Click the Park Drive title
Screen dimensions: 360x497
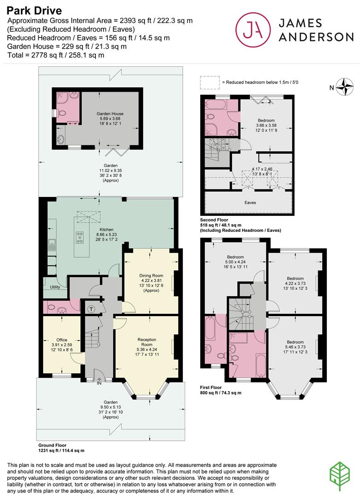34,11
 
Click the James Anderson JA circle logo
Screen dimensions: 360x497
253,29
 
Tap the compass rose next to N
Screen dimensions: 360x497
345,87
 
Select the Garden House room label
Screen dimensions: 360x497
110,114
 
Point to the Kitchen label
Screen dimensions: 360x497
106,230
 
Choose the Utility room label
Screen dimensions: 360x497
55,287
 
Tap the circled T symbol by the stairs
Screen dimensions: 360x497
92,309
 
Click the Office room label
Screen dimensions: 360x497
62,340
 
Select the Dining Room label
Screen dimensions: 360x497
151,276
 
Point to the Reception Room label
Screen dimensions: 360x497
147,342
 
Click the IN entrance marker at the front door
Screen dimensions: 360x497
99,383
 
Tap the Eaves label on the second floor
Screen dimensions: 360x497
250,202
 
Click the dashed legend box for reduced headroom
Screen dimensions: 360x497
209,82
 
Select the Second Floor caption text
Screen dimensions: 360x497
214,220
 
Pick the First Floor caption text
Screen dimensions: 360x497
211,387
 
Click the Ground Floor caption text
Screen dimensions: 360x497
52,445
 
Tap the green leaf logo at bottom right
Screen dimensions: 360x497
339,476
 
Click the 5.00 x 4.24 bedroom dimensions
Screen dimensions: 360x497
235,262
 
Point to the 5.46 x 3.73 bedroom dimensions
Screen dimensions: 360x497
295,347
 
